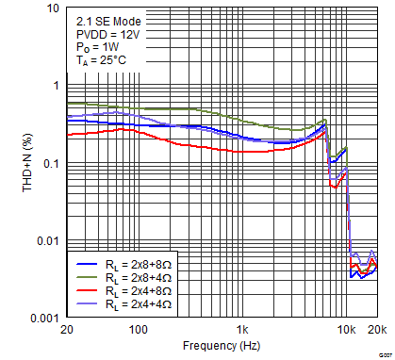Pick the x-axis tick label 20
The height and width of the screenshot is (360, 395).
(66, 332)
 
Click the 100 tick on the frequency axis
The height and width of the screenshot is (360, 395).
(138, 332)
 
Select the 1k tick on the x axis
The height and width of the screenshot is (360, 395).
(242, 332)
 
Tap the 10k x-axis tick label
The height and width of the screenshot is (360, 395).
(347, 332)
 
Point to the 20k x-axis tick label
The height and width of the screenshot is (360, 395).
(376, 332)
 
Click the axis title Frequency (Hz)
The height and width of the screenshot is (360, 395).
(221, 347)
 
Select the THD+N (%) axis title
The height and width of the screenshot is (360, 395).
(12, 163)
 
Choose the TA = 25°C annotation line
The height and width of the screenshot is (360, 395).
(99, 60)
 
